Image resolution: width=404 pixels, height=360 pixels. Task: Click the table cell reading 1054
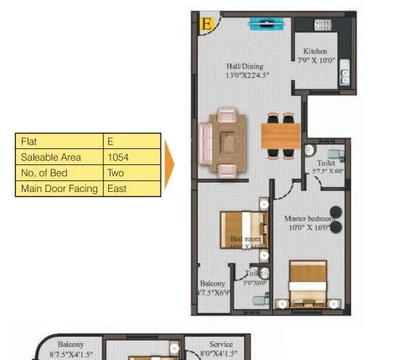(131, 157)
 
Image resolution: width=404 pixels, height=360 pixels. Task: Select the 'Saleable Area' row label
(60, 157)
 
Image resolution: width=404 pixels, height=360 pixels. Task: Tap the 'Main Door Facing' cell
(60, 189)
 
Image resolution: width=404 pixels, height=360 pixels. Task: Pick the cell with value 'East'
(131, 189)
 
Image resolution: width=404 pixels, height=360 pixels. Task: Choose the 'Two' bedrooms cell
(131, 173)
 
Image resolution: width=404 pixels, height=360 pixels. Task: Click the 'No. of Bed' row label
(60, 173)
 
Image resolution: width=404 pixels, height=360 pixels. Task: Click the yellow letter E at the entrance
(207, 24)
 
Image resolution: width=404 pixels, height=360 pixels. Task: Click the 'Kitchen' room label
(315, 52)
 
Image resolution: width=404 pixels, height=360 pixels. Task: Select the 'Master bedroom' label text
(308, 218)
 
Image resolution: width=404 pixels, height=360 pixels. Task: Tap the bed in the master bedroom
(307, 285)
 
